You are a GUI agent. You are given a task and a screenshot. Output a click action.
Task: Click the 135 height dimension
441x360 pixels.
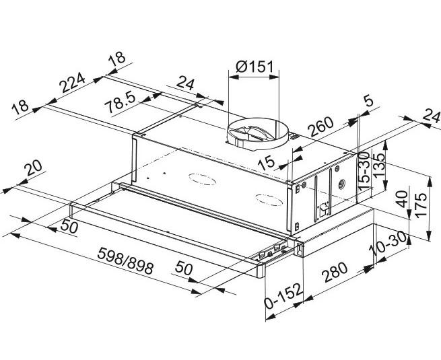tap(379, 164)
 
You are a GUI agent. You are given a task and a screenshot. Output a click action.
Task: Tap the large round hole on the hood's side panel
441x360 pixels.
tap(342, 182)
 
